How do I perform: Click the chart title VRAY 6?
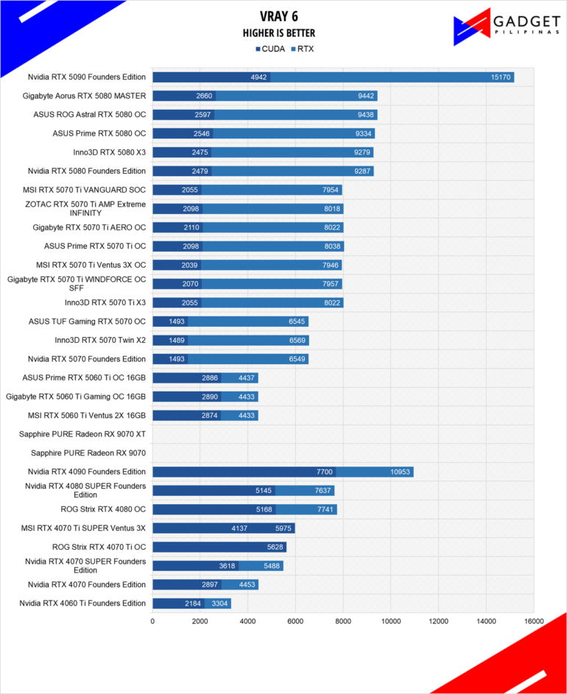coord(278,16)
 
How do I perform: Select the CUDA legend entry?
coord(270,49)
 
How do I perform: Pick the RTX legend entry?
coord(302,49)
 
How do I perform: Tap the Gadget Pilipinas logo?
coord(507,26)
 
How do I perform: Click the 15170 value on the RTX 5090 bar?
coord(501,77)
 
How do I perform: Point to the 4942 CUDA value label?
coord(258,77)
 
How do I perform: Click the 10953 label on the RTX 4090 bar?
coord(400,472)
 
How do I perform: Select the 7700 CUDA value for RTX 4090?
coord(324,472)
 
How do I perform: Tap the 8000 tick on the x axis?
coord(343,621)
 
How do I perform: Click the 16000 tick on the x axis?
coord(534,621)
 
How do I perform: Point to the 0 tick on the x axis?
coord(152,621)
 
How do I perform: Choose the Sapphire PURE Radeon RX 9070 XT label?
coord(82,434)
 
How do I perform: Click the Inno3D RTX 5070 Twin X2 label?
coord(100,340)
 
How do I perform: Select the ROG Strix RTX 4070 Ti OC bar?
coord(219,547)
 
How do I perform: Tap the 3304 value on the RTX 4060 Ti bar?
coord(219,603)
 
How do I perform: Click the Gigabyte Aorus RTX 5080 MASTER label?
coord(84,96)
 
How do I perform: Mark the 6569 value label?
coord(297,340)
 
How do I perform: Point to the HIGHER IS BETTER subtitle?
coord(278,33)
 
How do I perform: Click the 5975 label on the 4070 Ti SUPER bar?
coord(283,528)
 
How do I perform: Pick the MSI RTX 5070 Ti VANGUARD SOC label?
coord(84,190)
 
